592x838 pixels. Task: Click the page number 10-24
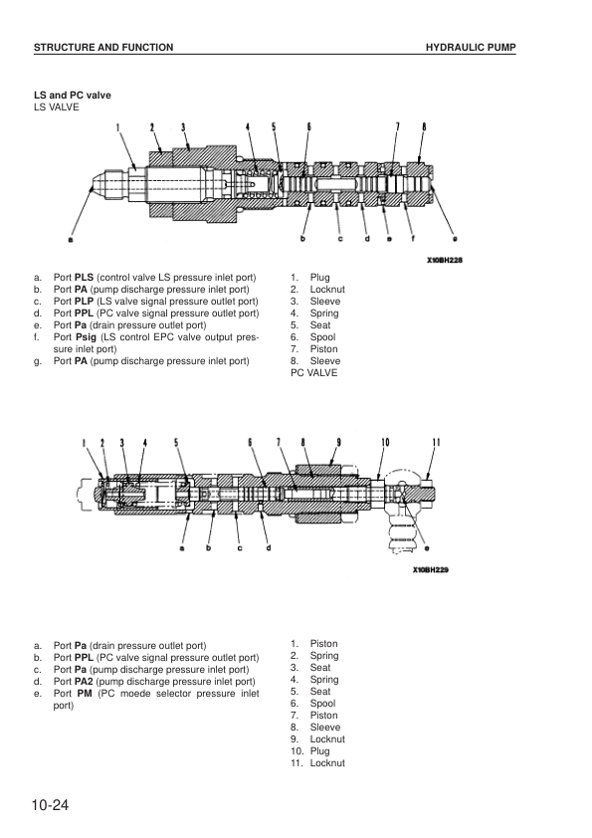point(50,805)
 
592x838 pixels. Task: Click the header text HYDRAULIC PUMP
point(471,48)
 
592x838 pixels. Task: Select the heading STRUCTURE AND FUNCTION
point(103,48)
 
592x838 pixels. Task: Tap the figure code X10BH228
point(445,261)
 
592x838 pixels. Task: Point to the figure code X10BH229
point(431,569)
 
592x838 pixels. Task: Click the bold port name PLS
point(84,278)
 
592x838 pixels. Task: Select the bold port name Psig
point(86,337)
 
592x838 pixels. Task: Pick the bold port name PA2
point(84,682)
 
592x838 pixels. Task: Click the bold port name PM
point(85,693)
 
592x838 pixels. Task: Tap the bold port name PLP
point(84,302)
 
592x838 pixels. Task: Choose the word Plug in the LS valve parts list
point(320,278)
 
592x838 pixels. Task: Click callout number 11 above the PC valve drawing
point(437,442)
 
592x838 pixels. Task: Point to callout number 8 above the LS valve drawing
point(424,126)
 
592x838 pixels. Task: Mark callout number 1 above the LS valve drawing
point(118,127)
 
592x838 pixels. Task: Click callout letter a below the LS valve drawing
point(70,239)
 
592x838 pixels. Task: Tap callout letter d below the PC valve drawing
point(269,547)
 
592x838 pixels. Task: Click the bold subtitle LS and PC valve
point(73,96)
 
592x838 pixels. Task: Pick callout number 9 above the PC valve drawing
point(338,442)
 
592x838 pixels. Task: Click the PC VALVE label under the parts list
point(314,373)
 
